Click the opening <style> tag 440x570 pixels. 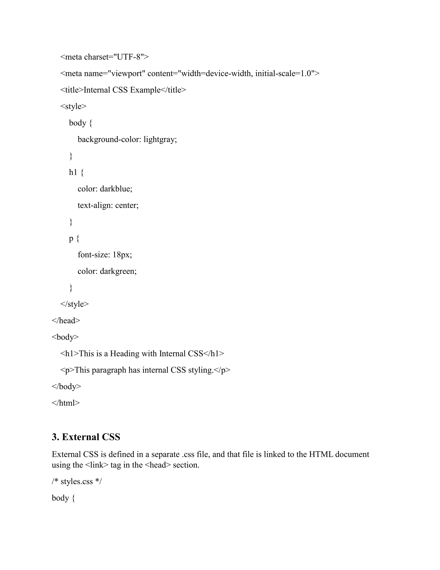click(x=73, y=106)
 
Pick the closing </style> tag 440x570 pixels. click(x=75, y=304)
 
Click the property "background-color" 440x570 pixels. click(x=109, y=139)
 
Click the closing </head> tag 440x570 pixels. click(x=66, y=320)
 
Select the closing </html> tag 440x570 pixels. click(x=66, y=403)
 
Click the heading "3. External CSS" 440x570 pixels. click(x=86, y=437)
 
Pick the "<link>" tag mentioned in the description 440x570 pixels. click(x=96, y=465)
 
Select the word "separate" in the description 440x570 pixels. click(x=165, y=454)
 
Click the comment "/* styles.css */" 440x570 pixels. click(x=77, y=482)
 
